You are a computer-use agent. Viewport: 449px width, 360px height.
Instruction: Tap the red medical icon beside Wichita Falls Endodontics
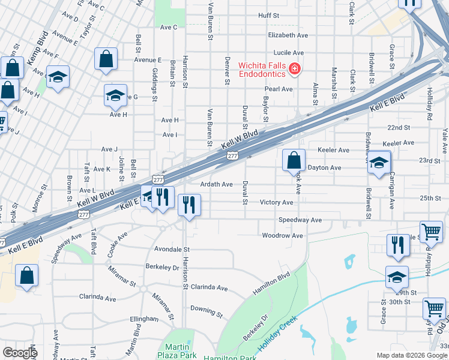click(x=294, y=70)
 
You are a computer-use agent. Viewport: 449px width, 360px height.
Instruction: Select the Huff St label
click(x=269, y=15)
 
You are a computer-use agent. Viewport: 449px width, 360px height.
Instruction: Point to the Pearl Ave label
click(x=279, y=89)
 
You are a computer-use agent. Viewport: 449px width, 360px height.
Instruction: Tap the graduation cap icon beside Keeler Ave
click(x=378, y=163)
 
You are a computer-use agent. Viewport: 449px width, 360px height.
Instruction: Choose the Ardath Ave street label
click(x=216, y=184)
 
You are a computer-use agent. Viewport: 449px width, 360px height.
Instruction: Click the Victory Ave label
click(x=276, y=202)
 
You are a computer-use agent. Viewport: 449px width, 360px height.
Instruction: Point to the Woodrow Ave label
click(x=282, y=236)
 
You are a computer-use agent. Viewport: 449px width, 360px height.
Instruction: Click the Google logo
click(x=20, y=353)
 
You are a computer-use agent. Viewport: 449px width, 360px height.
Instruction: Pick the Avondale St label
click(x=172, y=249)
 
